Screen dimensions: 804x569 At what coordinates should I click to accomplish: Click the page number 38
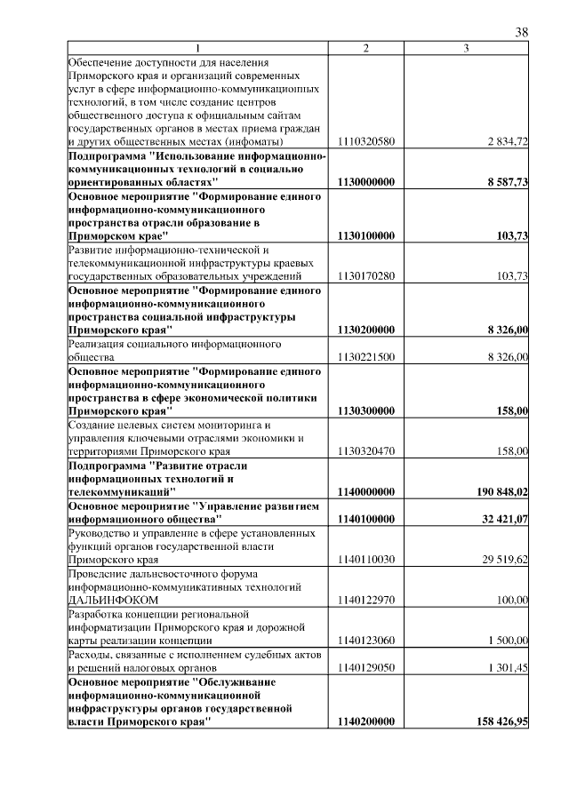(522, 32)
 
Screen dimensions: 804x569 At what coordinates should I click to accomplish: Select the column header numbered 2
(366, 47)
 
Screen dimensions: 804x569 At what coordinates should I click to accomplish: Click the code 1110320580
(366, 142)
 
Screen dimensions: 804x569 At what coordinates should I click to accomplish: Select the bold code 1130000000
(366, 182)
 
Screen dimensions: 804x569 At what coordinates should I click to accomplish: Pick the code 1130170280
(366, 276)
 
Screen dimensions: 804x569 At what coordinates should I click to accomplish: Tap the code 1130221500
(366, 357)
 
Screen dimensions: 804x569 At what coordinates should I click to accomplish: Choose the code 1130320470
(366, 451)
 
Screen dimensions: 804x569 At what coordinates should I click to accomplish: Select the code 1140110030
(366, 560)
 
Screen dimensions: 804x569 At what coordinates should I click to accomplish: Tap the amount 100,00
(512, 600)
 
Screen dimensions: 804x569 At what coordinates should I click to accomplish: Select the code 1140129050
(366, 667)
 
